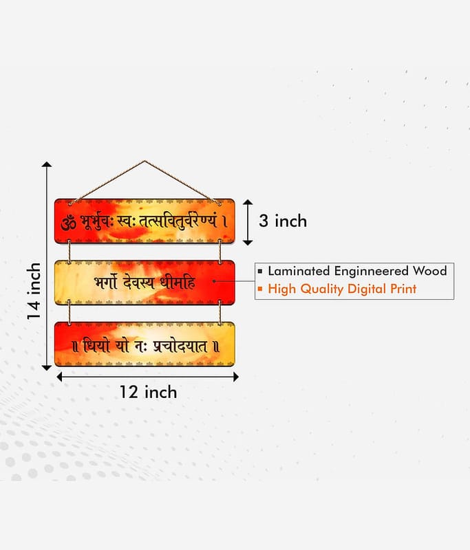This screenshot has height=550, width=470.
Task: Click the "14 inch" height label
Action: (34, 291)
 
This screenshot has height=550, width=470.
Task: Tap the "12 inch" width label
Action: (148, 392)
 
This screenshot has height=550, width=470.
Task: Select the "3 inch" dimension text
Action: (283, 221)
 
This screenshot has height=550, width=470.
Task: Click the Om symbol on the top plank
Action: (68, 222)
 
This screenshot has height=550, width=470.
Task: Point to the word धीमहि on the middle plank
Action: (178, 283)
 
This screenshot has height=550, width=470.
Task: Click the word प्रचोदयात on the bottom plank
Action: (180, 346)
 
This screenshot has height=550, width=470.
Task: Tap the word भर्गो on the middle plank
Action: (105, 282)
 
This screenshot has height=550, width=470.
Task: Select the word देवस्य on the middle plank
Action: (138, 283)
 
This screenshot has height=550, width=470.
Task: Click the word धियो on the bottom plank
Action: (96, 346)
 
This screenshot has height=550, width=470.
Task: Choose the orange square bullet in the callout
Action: (260, 289)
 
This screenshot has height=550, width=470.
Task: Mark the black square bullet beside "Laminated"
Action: (260, 271)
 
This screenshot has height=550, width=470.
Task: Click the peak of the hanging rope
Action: (145, 161)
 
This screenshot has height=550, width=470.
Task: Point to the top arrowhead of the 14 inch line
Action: (47, 164)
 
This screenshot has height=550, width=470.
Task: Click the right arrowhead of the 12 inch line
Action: (236, 377)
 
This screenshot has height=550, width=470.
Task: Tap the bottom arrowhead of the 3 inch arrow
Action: (248, 243)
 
